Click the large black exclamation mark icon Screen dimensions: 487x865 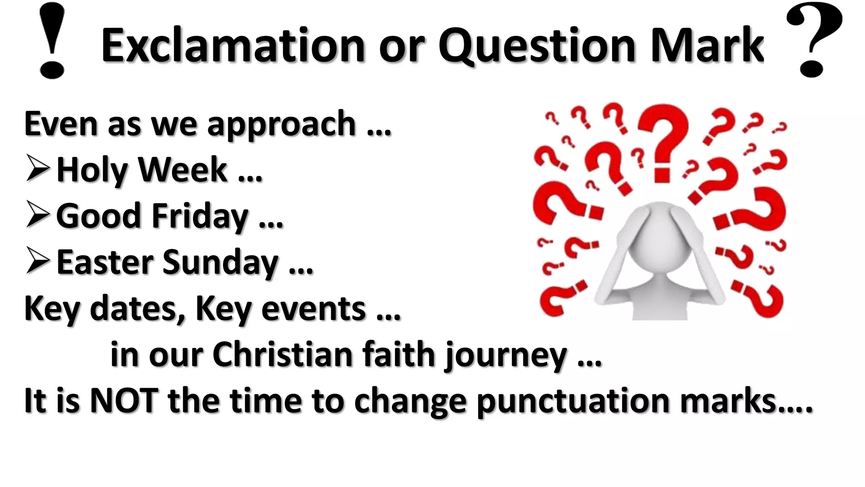coord(52,41)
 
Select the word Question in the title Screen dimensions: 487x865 coord(537,46)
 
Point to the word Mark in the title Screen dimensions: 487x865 coord(707,45)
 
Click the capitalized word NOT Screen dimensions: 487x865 coord(124,400)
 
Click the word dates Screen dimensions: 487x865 coord(138,309)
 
